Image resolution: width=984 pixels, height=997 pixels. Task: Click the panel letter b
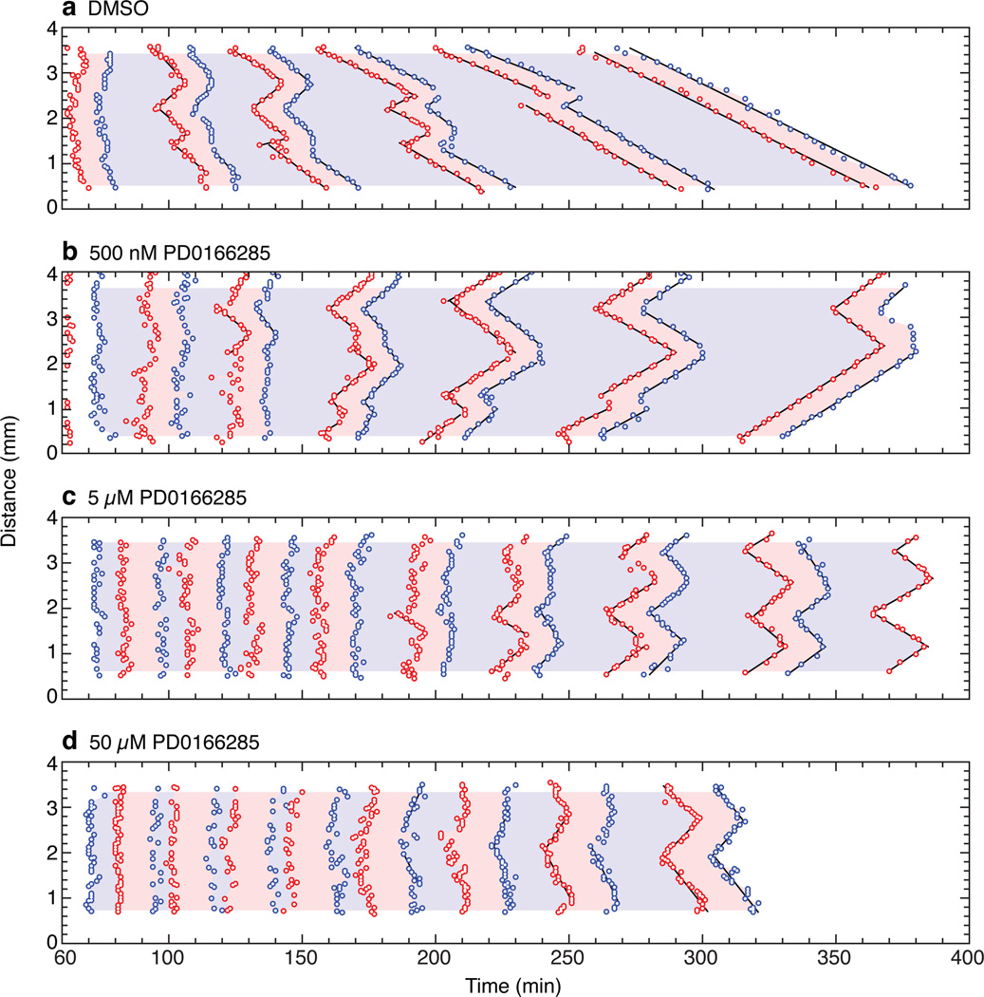tap(67, 253)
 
